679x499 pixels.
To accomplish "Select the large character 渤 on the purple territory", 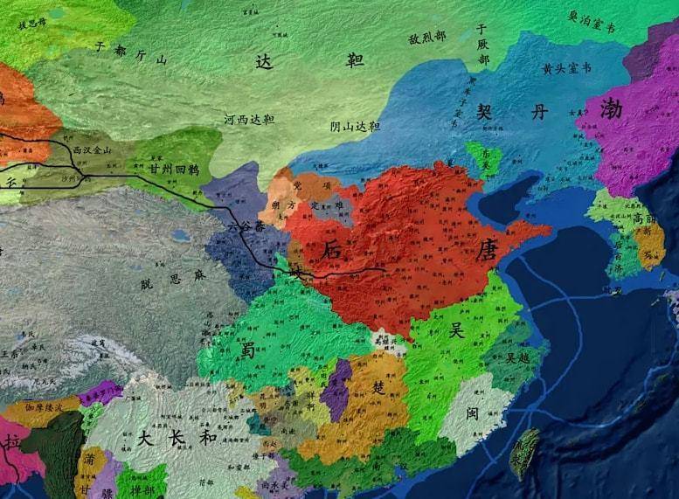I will pyautogui.click(x=613, y=109).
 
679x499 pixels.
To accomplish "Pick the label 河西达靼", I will pyautogui.click(x=249, y=119).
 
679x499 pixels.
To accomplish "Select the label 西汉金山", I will pyautogui.click(x=93, y=150).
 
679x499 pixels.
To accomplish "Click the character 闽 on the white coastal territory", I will pyautogui.click(x=472, y=412).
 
